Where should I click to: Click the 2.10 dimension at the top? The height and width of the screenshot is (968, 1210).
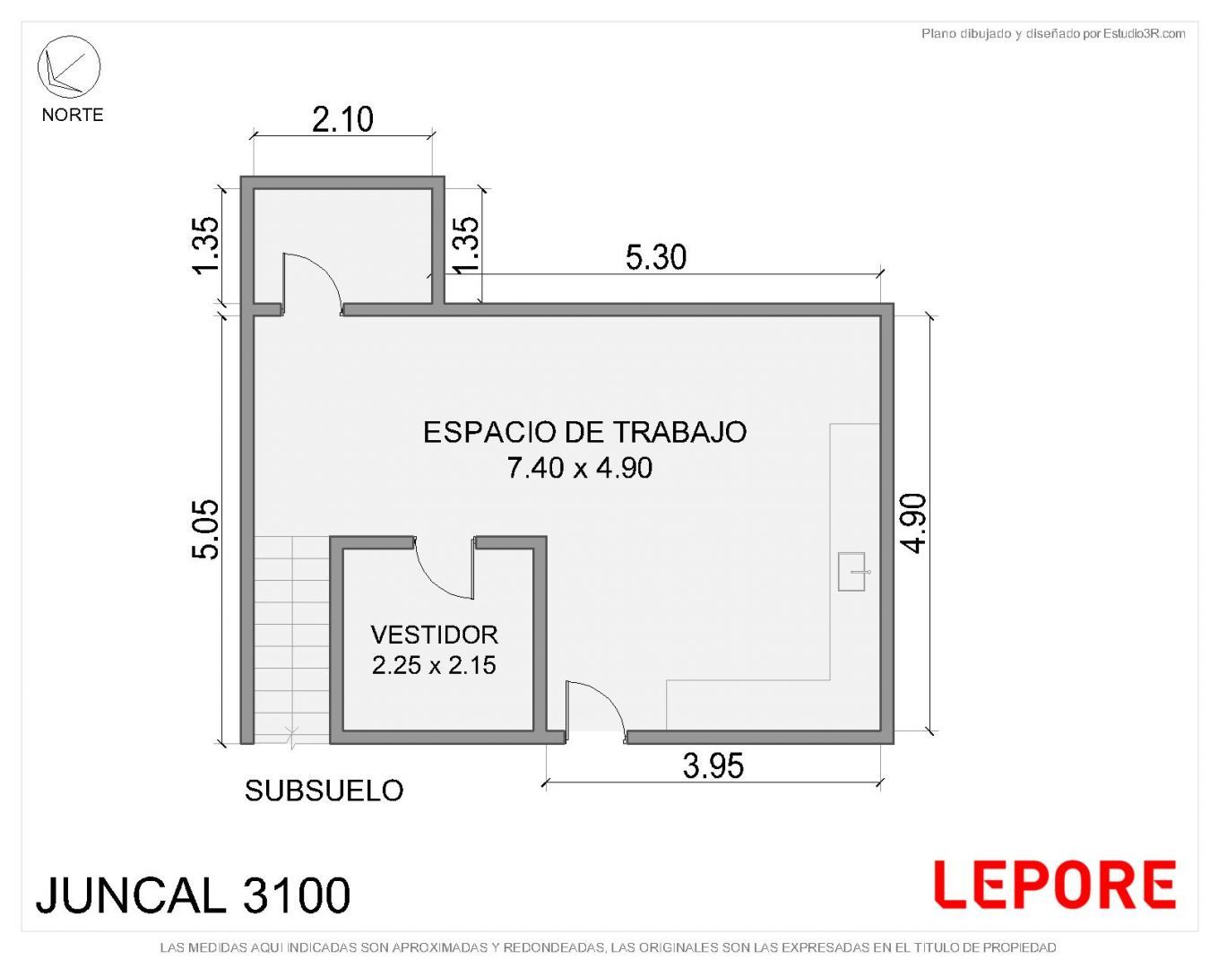pyautogui.click(x=342, y=119)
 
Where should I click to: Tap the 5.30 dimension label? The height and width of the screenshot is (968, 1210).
pyautogui.click(x=655, y=257)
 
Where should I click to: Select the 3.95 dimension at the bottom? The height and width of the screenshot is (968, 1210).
pyautogui.click(x=713, y=765)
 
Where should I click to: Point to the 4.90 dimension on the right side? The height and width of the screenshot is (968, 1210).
pyautogui.click(x=912, y=523)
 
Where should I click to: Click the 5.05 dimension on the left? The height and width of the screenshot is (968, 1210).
pyautogui.click(x=206, y=530)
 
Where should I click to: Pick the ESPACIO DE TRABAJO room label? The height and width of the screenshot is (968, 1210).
pyautogui.click(x=584, y=432)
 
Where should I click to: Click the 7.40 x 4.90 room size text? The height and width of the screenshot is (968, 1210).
pyautogui.click(x=580, y=467)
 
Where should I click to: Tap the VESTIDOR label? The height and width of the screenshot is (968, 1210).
pyautogui.click(x=434, y=635)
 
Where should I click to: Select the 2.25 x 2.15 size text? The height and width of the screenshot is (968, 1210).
pyautogui.click(x=434, y=665)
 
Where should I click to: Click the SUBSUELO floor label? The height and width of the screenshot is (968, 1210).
pyautogui.click(x=324, y=791)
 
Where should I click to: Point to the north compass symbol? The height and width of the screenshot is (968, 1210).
pyautogui.click(x=69, y=67)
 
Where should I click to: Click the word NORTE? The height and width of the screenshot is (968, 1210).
pyautogui.click(x=73, y=115)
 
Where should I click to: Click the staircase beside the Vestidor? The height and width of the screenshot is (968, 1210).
pyautogui.click(x=291, y=640)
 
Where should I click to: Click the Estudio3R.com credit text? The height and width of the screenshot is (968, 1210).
pyautogui.click(x=1052, y=34)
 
